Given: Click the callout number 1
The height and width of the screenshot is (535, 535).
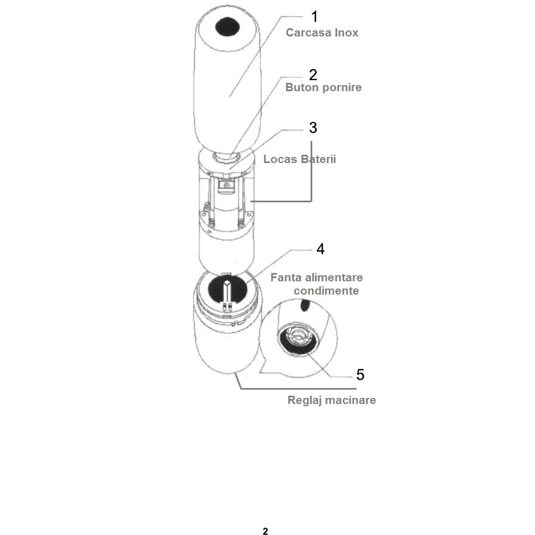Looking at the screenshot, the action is (x=314, y=17).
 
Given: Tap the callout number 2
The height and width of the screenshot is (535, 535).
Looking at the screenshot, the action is (x=313, y=75).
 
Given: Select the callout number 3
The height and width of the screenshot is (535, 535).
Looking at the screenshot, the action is (x=313, y=128).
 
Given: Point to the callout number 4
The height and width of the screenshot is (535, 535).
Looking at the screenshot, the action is (x=321, y=249).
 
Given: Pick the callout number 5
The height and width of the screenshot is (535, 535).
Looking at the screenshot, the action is (x=360, y=375).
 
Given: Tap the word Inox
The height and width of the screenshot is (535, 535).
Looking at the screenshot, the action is (x=347, y=33).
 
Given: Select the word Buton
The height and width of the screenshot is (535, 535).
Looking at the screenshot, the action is (x=302, y=87).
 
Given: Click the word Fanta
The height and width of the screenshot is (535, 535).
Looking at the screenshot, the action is (x=286, y=277).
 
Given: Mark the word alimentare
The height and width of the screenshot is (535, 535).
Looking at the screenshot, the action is (x=334, y=277).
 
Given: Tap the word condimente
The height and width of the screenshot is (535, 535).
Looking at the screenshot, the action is (x=326, y=291).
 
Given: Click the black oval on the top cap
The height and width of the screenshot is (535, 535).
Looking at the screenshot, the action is (x=228, y=27).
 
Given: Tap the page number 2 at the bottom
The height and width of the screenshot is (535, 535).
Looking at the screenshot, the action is (x=265, y=531).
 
